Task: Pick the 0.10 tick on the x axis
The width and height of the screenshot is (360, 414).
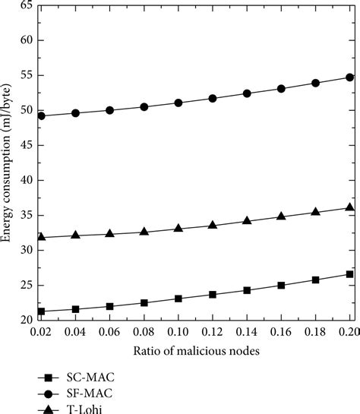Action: click(178, 331)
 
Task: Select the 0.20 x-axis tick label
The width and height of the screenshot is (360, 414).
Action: click(349, 331)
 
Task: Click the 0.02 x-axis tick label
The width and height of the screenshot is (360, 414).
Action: click(41, 331)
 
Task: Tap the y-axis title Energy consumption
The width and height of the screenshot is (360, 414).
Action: click(7, 163)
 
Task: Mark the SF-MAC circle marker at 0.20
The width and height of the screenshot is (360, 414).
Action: click(349, 77)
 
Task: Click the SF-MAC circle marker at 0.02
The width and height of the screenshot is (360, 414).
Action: click(41, 116)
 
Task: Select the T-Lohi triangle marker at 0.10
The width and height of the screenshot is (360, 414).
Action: click(178, 228)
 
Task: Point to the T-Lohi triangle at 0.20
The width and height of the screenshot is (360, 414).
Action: click(349, 207)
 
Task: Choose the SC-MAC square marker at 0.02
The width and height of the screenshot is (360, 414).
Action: click(41, 311)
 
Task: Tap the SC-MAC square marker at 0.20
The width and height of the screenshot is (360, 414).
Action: click(349, 274)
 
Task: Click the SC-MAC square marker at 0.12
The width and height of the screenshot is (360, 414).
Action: click(213, 294)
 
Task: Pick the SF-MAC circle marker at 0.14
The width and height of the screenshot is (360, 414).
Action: click(247, 93)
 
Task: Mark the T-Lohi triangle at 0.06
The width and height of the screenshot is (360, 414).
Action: click(110, 234)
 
